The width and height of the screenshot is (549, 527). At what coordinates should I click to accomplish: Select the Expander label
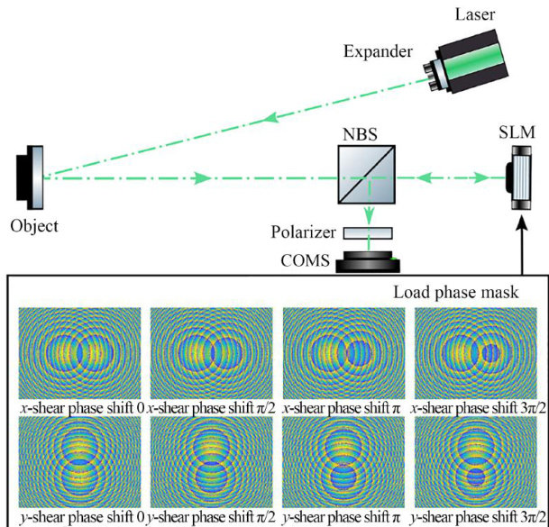376,50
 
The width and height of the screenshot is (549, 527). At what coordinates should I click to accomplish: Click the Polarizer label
303,233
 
